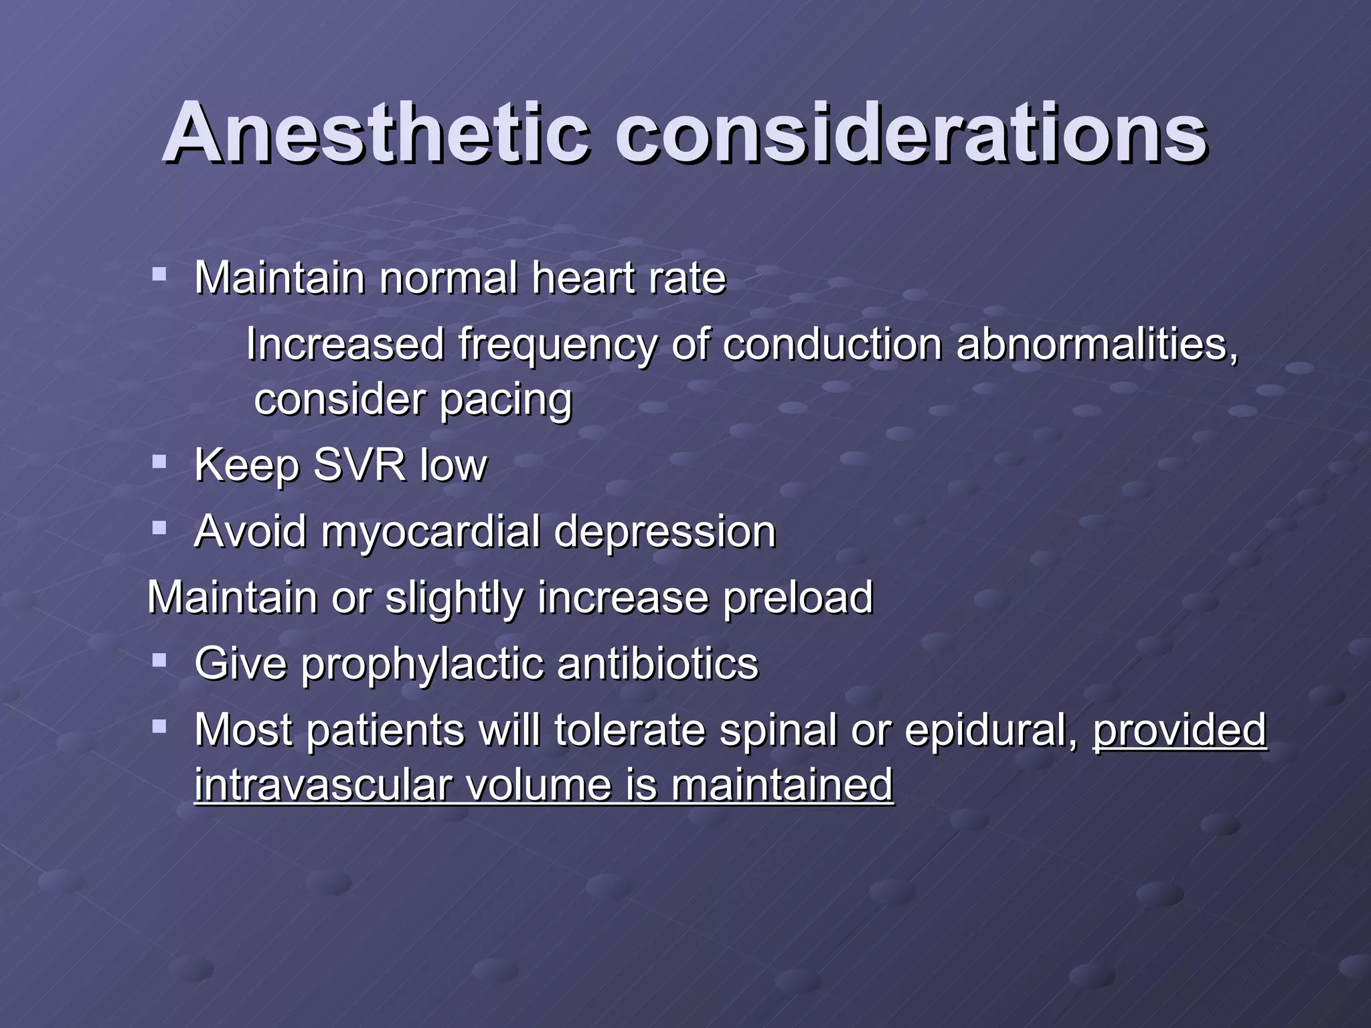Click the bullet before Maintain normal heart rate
[159, 274]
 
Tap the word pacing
[506, 400]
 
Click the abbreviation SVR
[359, 464]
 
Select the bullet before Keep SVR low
[159, 461]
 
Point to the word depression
[665, 532]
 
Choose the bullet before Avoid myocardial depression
[159, 528]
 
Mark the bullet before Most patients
[159, 725]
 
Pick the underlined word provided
[1180, 730]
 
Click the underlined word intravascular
[322, 784]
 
